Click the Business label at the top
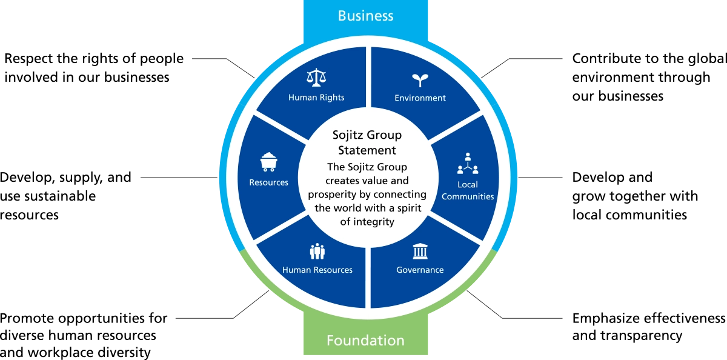(x=365, y=16)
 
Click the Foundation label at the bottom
(x=365, y=340)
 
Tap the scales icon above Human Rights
(x=316, y=78)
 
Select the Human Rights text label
(x=316, y=98)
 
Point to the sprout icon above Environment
(x=419, y=80)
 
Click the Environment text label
(x=420, y=98)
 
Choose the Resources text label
(x=268, y=182)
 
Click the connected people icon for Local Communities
(x=468, y=164)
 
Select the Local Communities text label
(x=468, y=190)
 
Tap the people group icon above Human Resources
(x=317, y=250)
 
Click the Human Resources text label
(x=317, y=270)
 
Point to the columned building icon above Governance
(x=420, y=251)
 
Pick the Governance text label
(x=420, y=270)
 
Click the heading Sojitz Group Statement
(x=367, y=142)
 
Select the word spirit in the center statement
(x=411, y=208)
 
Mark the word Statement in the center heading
(x=367, y=150)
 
